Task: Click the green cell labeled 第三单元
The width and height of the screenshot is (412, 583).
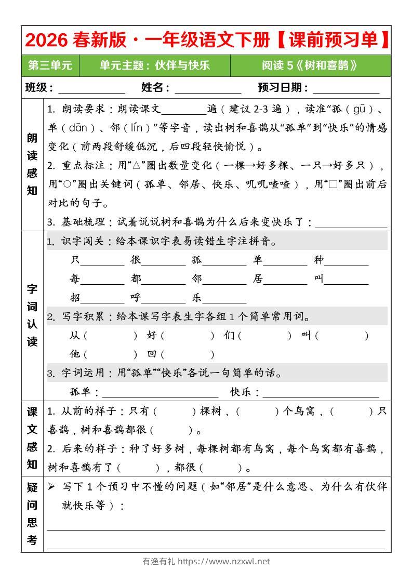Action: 50,65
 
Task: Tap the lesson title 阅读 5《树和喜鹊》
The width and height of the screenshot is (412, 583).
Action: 310,65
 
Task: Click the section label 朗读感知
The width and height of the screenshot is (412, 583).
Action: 32,164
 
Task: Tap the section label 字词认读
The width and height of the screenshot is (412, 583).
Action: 32,315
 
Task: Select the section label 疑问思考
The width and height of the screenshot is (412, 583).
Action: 32,513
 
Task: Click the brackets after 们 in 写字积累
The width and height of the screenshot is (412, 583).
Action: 264,336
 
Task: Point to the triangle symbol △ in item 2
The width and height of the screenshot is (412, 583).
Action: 138,166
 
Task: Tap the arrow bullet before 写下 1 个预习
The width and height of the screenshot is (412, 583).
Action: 51,487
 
